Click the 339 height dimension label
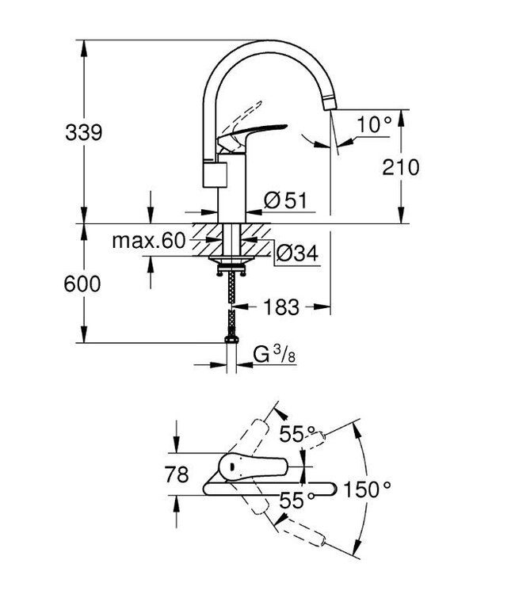[83, 132]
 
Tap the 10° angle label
[374, 124]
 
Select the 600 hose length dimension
[83, 284]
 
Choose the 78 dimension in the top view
[178, 475]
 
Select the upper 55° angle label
[299, 434]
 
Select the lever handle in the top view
[254, 467]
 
